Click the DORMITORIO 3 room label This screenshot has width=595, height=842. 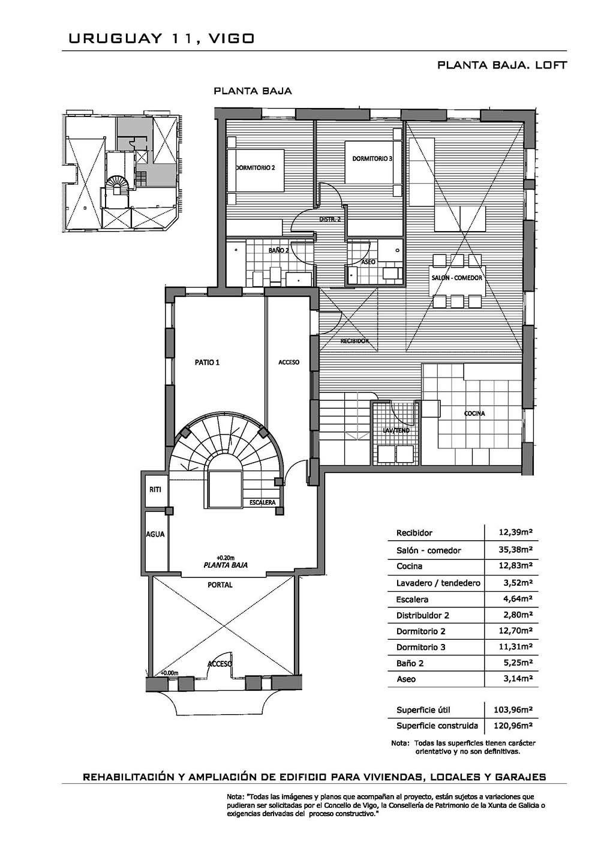pos(372,158)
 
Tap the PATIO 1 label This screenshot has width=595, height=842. pos(207,362)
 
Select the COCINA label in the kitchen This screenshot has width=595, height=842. pos(474,413)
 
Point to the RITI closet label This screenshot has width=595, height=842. pos(155,489)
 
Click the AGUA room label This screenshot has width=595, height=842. pos(155,534)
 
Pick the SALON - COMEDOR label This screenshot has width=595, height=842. pos(456,278)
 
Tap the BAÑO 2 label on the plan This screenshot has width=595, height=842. pos(278,250)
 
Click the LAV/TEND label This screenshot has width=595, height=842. pos(396,430)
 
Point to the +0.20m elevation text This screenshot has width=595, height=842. pos(226,558)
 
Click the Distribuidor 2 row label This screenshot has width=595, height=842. pos(423,615)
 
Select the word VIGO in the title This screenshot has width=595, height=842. pos(232,38)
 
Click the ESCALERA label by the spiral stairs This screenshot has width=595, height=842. pos(263,502)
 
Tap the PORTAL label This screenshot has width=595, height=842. pos(220,585)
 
